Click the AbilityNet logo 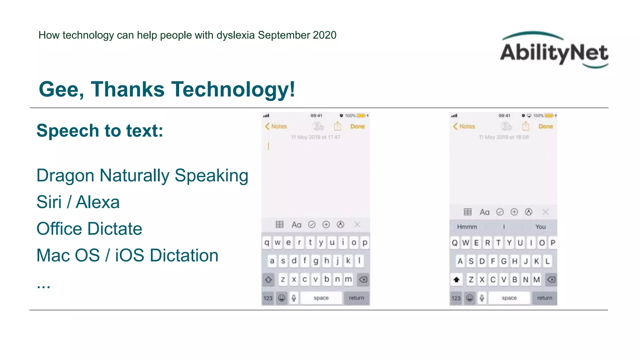(x=554, y=50)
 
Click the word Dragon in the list (x=65, y=176)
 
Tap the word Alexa (x=98, y=202)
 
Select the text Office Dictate (x=89, y=229)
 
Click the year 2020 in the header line (x=324, y=35)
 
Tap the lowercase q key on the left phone (x=267, y=242)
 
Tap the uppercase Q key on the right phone (x=455, y=243)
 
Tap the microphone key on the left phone (x=294, y=298)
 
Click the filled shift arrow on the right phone (x=457, y=279)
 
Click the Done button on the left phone (x=357, y=126)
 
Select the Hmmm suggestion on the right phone (x=467, y=227)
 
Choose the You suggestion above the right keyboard (x=540, y=227)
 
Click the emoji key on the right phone (x=470, y=298)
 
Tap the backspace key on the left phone (x=363, y=279)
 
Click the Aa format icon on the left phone (x=296, y=225)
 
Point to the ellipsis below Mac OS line (x=43, y=285)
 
